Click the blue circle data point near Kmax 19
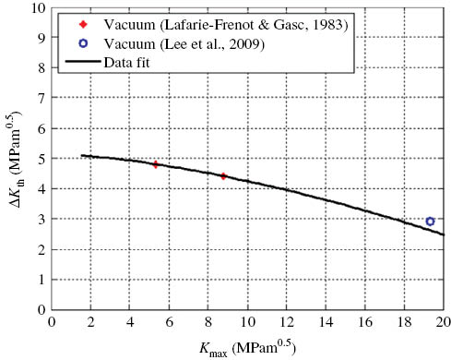click(x=430, y=222)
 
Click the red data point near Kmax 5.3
click(x=156, y=164)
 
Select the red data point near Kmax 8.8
click(x=224, y=175)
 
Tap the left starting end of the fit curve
click(x=82, y=155)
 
